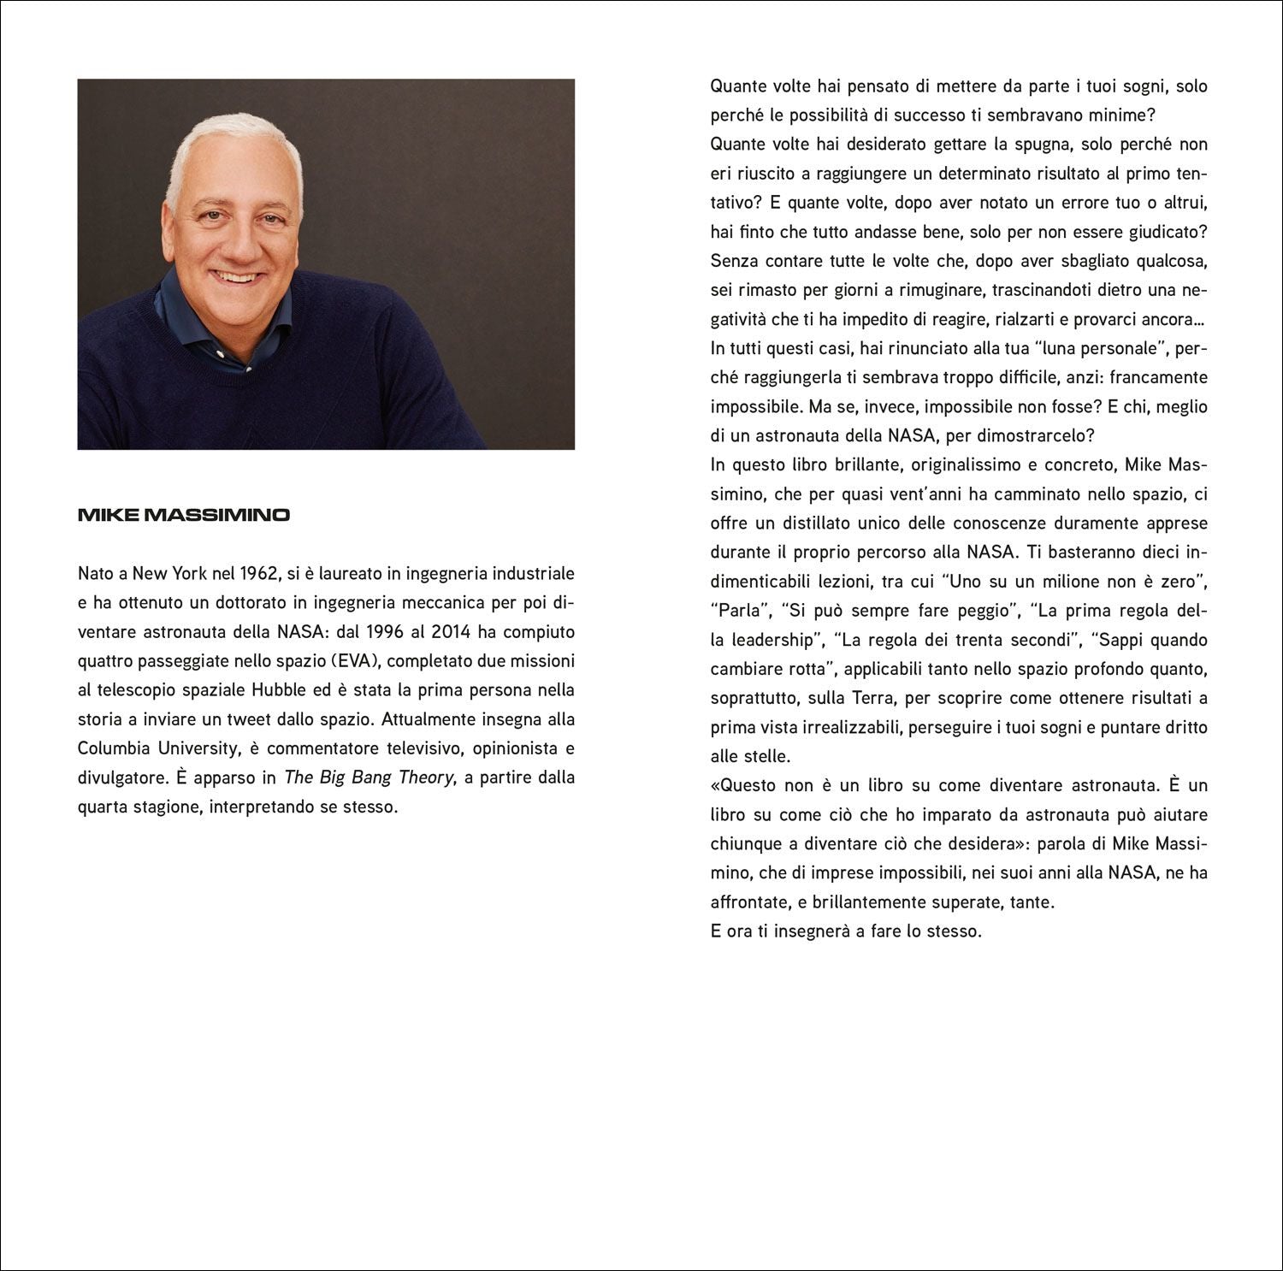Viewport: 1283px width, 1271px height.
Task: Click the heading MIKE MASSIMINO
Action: tap(184, 515)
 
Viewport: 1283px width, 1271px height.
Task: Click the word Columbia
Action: tap(114, 748)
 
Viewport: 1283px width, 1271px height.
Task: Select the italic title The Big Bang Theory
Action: tap(369, 777)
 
